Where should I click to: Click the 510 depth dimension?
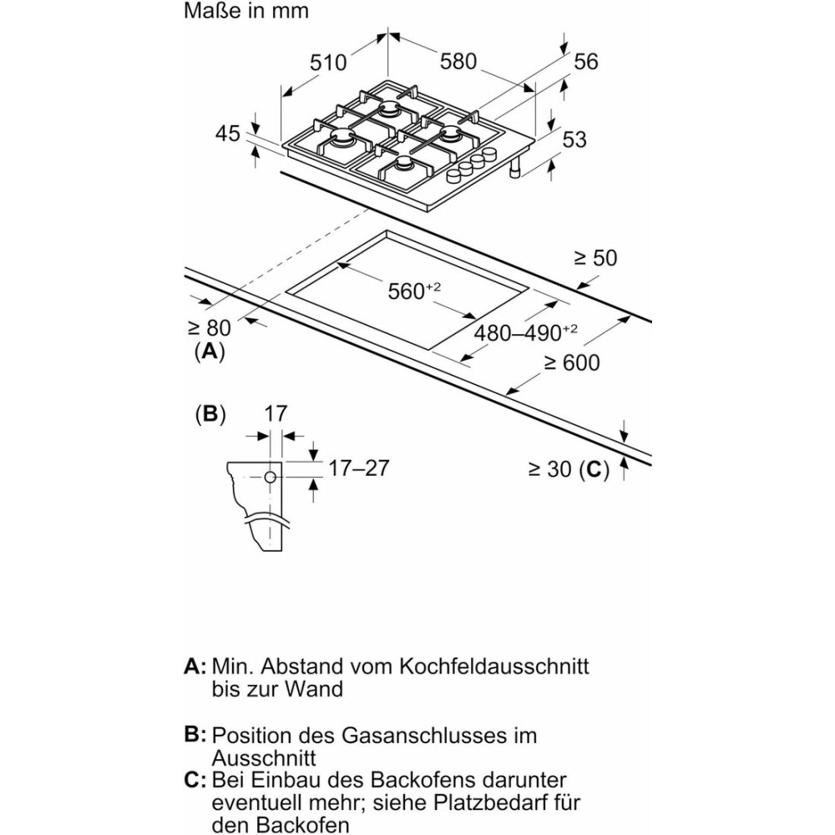327,63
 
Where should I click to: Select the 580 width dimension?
458,61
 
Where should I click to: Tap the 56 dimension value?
586,62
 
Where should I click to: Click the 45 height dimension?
227,134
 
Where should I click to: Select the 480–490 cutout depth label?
525,332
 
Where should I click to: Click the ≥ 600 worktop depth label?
572,362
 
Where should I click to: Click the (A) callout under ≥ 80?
210,352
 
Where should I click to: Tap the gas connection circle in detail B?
271,478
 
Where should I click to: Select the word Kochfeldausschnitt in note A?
493,666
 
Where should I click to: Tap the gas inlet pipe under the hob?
515,170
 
